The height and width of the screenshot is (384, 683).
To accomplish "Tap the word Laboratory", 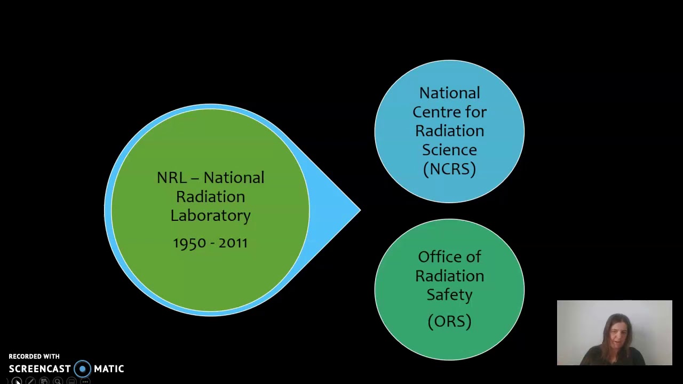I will coord(210,215).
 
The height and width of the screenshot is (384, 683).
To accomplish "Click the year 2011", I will coord(233,243).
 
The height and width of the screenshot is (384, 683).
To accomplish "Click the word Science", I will coord(449,150).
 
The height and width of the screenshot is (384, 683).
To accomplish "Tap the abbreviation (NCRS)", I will coord(449,169).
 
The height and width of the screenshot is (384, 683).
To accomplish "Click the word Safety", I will coord(449,295).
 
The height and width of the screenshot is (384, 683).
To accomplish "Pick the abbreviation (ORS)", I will coord(449,322).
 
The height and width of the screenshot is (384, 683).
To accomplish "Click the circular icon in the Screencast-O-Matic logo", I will coord(82,369).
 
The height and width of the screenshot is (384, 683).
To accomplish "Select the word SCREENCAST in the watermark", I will coord(39,369).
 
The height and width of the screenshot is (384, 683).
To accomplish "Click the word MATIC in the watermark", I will coord(109,369).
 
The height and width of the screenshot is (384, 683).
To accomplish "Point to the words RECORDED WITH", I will coord(34,356).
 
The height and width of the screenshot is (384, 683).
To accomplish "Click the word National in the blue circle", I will coord(449,93).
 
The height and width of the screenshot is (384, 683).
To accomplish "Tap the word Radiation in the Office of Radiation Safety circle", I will coord(449,276).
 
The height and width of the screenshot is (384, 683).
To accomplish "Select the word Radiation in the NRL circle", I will coord(210,197).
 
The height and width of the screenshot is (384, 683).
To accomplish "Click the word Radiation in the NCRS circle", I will coord(449,131).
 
